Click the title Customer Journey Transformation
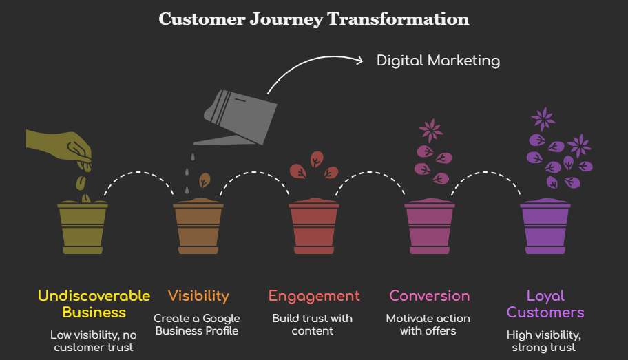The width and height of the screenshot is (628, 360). click(314, 19)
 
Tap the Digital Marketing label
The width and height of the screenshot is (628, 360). click(438, 61)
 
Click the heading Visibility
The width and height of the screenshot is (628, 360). click(198, 296)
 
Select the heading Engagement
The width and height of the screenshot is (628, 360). click(314, 296)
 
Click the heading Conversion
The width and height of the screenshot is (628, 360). click(430, 296)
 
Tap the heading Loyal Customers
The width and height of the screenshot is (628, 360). click(545, 304)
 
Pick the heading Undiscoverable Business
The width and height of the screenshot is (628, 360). click(94, 304)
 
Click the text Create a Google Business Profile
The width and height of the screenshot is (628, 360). click(197, 324)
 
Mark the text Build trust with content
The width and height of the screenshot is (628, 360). click(313, 324)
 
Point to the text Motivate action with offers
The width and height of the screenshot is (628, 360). click(428, 324)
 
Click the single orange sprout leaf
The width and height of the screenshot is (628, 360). click(205, 180)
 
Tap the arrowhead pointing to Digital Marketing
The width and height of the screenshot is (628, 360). click(358, 61)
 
